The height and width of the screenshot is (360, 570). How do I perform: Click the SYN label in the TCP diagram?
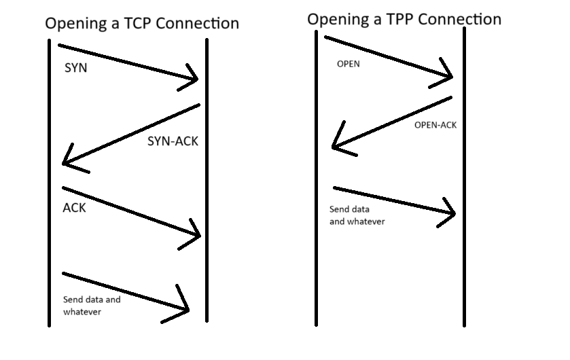76,69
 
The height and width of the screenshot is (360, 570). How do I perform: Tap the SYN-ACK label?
173,141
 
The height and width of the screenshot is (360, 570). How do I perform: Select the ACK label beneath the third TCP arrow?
75,208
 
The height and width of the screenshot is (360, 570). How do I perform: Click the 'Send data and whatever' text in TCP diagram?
91,306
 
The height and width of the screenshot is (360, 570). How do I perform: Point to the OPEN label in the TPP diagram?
348,65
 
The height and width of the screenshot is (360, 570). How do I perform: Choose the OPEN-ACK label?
435,125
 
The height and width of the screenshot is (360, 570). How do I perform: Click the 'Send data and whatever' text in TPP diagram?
357,215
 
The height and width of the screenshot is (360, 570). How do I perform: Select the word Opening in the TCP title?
73,24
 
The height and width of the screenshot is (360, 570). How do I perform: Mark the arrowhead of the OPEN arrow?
450,77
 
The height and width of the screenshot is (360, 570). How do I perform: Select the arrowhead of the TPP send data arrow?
452,213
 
